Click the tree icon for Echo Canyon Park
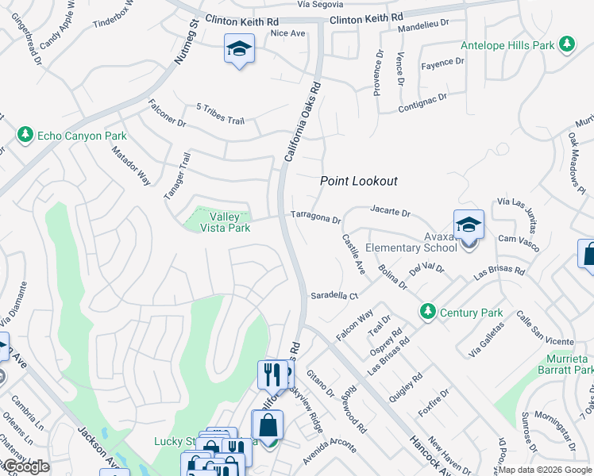pos(25,136)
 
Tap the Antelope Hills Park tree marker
pos(566,45)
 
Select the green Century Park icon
pos(428,311)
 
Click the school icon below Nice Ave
pos(237,50)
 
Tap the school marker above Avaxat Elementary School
pos(469,225)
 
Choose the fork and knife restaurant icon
pos(272,374)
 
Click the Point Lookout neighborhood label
pos(358,182)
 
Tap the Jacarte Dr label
pos(390,213)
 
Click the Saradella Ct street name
pos(334,295)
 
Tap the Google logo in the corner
pos(26,466)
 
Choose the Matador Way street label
pos(131,165)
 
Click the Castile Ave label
pos(353,255)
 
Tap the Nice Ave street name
pos(288,33)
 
